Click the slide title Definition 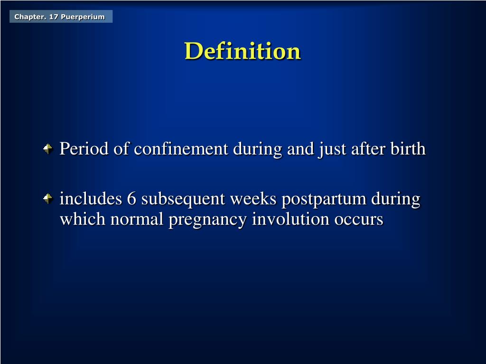click(x=243, y=51)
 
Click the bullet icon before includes click(x=48, y=199)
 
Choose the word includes click(x=91, y=199)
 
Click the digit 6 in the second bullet click(x=131, y=199)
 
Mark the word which click(x=83, y=219)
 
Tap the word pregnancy click(x=208, y=220)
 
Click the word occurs click(x=359, y=219)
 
